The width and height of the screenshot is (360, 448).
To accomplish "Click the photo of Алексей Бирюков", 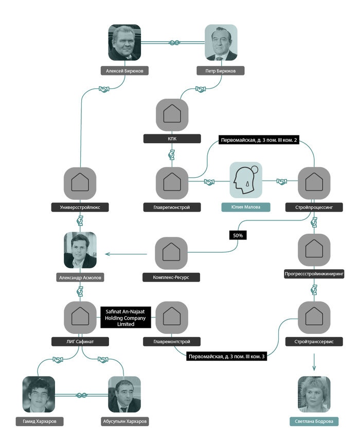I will pos(124,43).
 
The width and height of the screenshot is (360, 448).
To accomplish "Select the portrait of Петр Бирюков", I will pos(221,43).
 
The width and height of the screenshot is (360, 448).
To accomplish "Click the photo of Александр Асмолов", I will pos(80,250).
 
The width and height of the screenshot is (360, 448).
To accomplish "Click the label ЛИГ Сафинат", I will pos(80,341).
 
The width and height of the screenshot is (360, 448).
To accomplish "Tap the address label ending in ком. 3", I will pos(227,356).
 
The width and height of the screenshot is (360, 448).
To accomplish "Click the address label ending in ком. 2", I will pos(259,140).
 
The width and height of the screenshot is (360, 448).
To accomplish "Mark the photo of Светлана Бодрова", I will pos(314,395).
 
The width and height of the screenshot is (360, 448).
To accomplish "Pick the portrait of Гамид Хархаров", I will pos(39,395).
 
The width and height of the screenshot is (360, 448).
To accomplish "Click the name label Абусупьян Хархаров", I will pos(125,421).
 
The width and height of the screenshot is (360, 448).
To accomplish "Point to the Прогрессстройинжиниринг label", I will pos(314,274).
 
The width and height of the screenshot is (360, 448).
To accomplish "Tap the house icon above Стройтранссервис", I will pos(314,318).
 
